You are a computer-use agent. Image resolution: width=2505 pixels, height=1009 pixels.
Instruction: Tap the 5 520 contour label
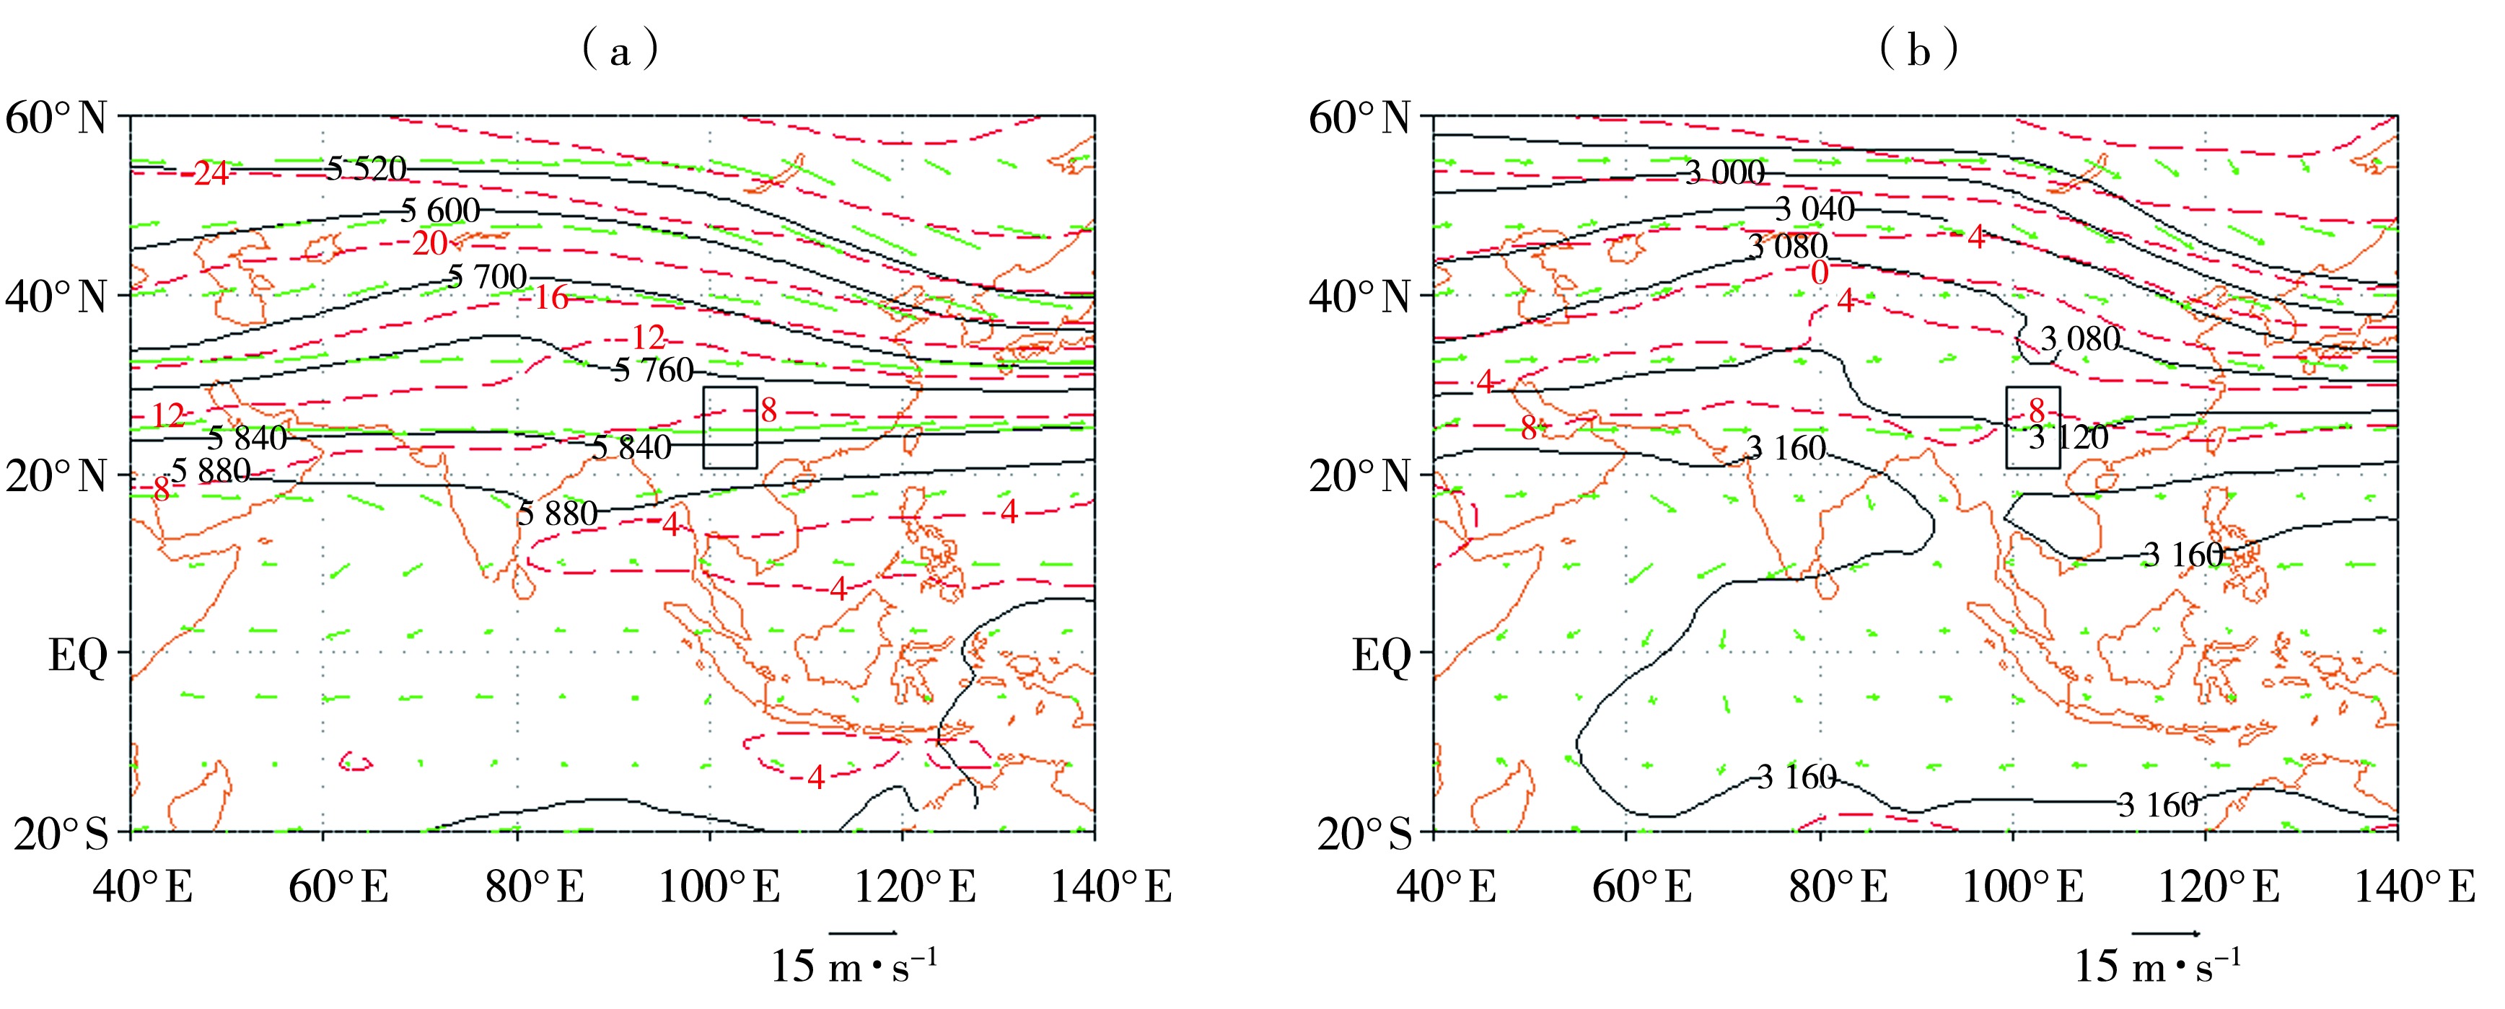click(366, 169)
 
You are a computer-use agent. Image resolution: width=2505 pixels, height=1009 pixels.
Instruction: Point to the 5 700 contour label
click(487, 277)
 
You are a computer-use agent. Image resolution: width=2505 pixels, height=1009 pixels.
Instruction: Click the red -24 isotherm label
click(209, 174)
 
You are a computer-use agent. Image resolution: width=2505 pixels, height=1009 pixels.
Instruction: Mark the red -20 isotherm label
click(428, 243)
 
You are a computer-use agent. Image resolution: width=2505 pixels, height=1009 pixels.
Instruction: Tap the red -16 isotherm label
click(550, 297)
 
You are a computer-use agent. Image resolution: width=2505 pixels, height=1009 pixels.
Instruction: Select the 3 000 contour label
click(1725, 173)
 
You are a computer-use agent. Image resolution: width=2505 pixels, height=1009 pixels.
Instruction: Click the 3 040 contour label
click(1815, 209)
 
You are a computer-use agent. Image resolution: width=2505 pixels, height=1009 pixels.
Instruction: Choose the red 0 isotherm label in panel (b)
click(1820, 273)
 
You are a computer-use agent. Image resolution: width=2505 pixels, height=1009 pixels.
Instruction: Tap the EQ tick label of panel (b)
click(1381, 656)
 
